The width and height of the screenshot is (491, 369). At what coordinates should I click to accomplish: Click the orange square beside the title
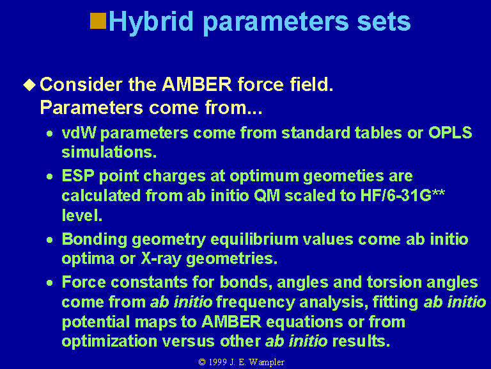coord(98,20)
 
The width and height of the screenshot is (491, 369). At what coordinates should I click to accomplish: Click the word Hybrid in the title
coord(151,22)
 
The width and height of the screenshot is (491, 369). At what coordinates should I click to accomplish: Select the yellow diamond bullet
coord(29,85)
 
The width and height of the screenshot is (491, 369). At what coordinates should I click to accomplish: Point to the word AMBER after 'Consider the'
coord(197,85)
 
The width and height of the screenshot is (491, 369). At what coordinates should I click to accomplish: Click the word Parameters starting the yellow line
coord(92,108)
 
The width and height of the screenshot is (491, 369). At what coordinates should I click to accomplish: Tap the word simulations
coord(109,152)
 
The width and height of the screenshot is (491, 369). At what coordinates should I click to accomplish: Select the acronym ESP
coord(78,176)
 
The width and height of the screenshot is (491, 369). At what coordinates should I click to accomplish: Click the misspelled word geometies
coord(343,176)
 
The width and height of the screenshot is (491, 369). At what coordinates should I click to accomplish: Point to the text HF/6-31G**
coord(402,195)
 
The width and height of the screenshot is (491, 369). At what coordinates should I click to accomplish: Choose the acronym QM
coord(267,195)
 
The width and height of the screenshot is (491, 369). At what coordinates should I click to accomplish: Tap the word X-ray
coord(161,259)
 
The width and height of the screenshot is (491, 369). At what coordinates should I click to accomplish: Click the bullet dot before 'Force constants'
coord(49,283)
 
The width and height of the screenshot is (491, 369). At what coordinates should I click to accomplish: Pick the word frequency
coord(256,302)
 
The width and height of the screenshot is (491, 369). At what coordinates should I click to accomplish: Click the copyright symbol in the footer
coord(202,362)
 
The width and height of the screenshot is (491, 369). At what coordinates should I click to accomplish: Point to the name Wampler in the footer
coord(267,363)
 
